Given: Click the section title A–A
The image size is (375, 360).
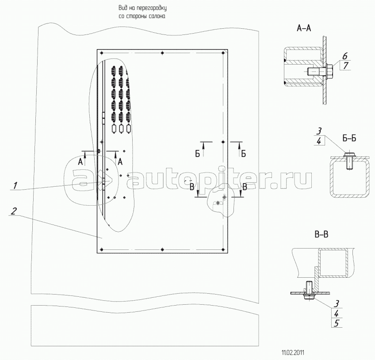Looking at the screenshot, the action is [x=304, y=28].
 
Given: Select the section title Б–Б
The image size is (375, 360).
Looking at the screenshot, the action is [x=349, y=138].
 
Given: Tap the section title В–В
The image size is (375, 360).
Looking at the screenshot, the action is [x=321, y=235].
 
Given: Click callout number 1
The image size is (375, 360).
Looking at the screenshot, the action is [x=15, y=185].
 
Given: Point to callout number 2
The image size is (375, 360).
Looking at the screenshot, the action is [x=14, y=211].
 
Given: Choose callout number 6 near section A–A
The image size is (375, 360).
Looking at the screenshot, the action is [x=344, y=56].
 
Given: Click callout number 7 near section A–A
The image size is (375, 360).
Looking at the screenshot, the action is [x=345, y=65].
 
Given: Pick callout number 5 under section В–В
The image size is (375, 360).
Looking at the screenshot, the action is [x=337, y=323].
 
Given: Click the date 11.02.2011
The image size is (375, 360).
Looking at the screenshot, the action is [x=293, y=352].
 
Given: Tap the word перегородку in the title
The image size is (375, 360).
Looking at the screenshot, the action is [x=152, y=8].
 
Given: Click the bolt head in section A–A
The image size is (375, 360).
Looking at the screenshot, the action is [x=329, y=71].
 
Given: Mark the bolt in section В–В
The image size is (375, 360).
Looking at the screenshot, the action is [x=309, y=291].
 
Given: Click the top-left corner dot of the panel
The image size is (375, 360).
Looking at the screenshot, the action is [x=102, y=53].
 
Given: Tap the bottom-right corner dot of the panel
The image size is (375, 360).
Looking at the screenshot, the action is [x=223, y=250].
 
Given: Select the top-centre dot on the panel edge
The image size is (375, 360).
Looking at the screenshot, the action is [x=162, y=53].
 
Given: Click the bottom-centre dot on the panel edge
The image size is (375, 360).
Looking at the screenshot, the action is [x=162, y=250].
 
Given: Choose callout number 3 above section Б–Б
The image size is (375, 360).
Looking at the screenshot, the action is [x=319, y=131].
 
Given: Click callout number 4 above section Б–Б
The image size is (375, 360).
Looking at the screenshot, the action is [x=319, y=141].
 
